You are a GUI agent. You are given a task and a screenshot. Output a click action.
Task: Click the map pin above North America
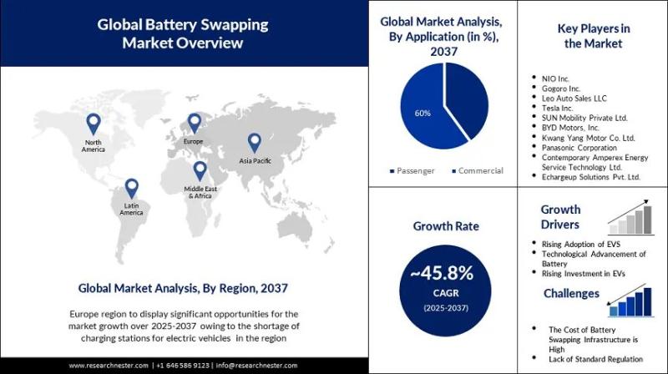93,124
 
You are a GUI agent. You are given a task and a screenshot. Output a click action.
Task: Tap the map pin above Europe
194,123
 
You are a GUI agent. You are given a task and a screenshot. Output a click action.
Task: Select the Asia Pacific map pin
254,142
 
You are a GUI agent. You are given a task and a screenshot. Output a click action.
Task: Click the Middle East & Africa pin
200,170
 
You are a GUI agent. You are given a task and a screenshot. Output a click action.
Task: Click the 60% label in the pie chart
423,112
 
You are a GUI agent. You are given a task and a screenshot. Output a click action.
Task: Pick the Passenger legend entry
413,171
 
